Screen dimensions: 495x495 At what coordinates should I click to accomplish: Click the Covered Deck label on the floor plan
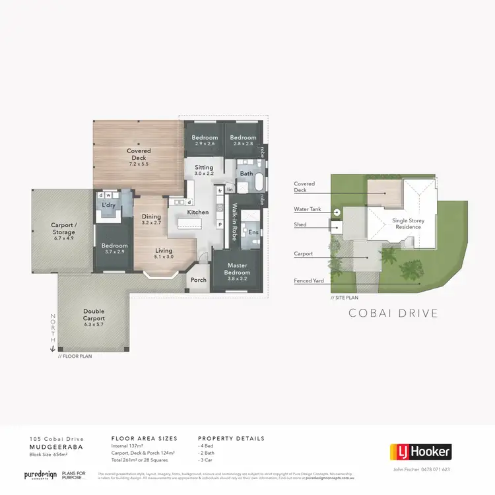139,154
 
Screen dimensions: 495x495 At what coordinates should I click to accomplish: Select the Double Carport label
93,315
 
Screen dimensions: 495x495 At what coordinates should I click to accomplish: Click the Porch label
199,280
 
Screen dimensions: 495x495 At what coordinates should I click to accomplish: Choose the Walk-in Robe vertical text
234,222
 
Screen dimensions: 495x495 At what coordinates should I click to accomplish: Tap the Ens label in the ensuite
253,232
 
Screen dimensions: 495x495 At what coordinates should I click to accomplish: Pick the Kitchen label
198,213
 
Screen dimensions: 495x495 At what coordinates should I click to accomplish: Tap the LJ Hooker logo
420,452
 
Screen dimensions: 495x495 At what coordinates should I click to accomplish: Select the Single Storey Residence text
406,224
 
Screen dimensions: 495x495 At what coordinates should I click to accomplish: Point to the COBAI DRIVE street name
393,313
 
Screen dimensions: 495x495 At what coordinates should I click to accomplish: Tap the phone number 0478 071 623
436,470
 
